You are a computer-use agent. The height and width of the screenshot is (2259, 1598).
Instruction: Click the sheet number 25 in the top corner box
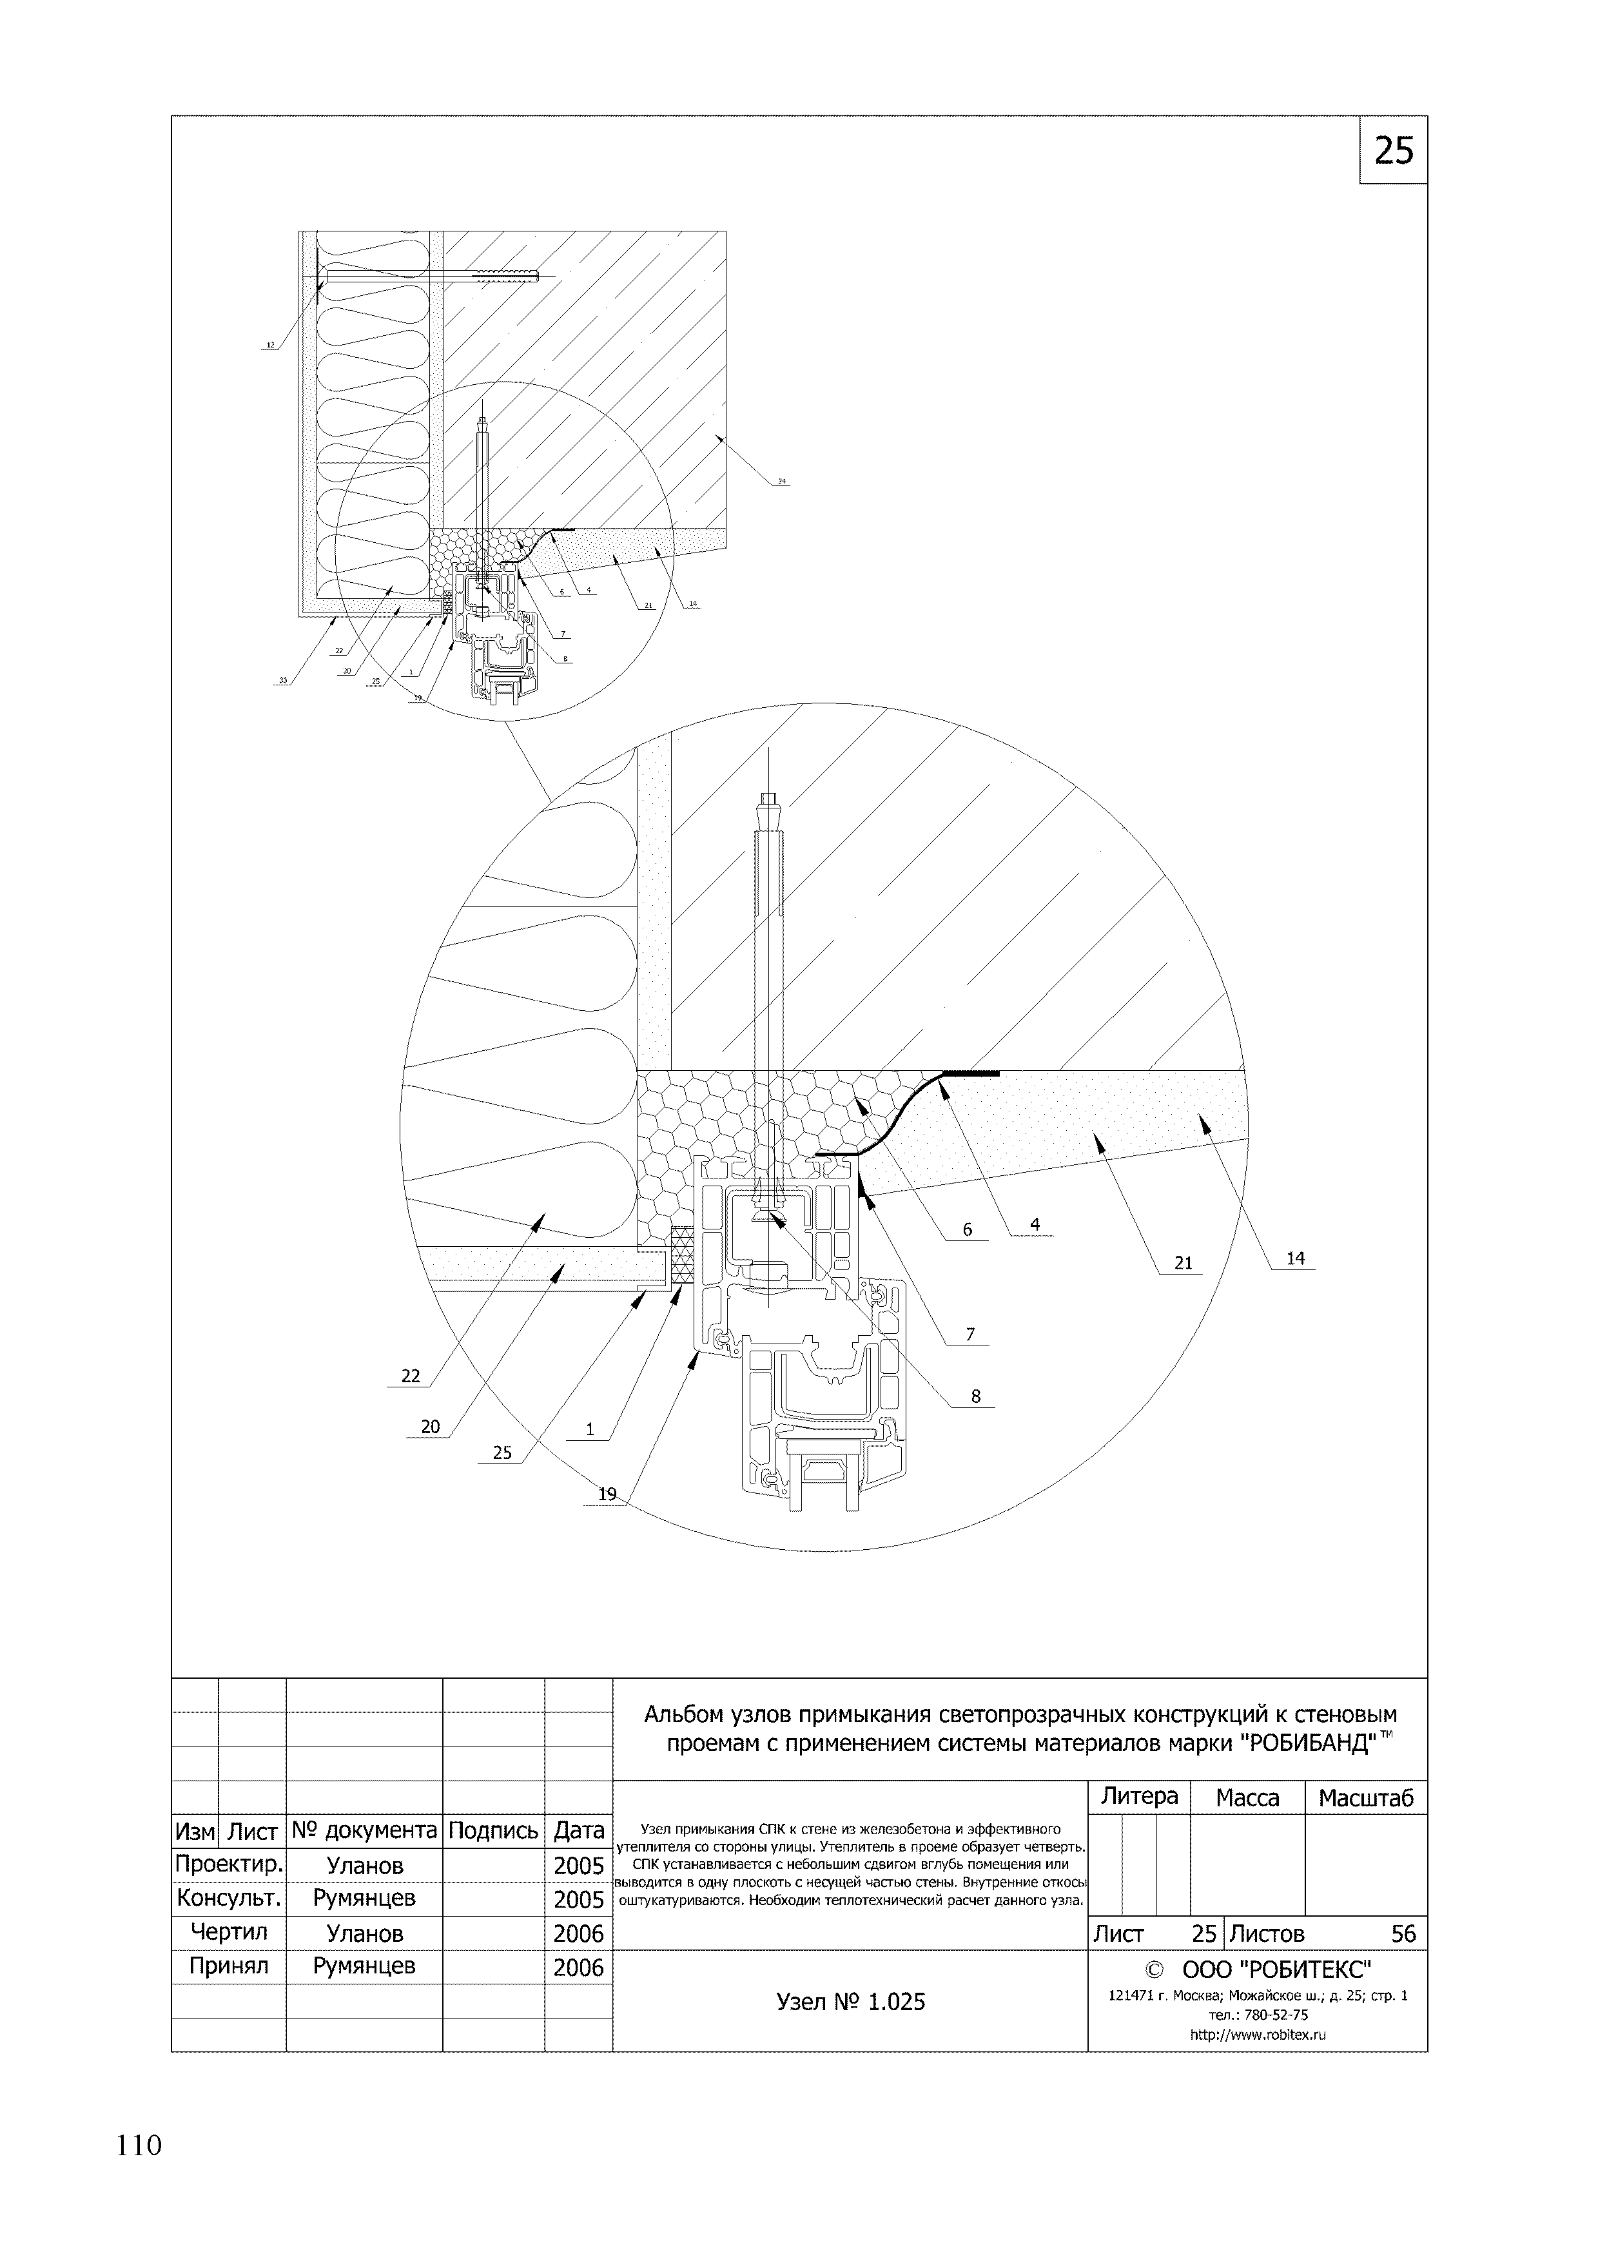click(x=1393, y=150)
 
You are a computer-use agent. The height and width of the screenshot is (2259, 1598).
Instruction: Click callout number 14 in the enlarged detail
click(x=1295, y=1257)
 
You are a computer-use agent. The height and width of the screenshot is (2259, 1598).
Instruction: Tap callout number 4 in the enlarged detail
click(x=1035, y=1225)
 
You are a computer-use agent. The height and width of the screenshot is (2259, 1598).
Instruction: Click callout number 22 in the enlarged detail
click(x=411, y=1376)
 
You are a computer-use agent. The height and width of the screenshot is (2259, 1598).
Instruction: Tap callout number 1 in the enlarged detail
click(x=590, y=1429)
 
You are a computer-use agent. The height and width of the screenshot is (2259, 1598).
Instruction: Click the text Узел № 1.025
click(x=850, y=2002)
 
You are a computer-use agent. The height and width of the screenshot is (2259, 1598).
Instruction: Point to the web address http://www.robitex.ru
click(x=1258, y=2036)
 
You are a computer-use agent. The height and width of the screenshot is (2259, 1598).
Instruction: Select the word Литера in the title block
click(x=1140, y=1795)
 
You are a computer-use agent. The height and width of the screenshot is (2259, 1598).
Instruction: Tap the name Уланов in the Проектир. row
click(x=364, y=1866)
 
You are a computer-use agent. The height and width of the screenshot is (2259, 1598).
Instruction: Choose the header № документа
click(x=364, y=1831)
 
